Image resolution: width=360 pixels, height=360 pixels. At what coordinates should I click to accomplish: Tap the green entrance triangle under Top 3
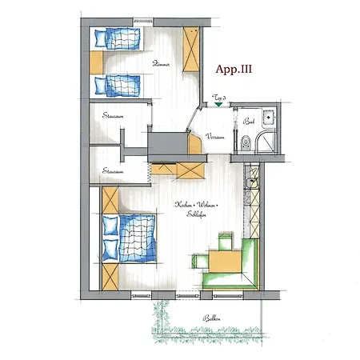coord(218,105)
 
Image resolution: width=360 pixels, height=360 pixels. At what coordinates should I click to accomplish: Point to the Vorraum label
coord(215,137)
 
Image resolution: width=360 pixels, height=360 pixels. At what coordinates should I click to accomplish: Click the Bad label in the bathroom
coord(249,122)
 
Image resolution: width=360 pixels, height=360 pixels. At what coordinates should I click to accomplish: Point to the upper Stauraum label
coord(114,117)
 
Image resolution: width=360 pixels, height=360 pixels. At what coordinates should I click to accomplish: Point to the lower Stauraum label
coord(114,170)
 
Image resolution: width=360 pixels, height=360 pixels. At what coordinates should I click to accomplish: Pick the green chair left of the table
coord(199,258)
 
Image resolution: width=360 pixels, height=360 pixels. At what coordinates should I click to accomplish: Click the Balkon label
coord(213,318)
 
